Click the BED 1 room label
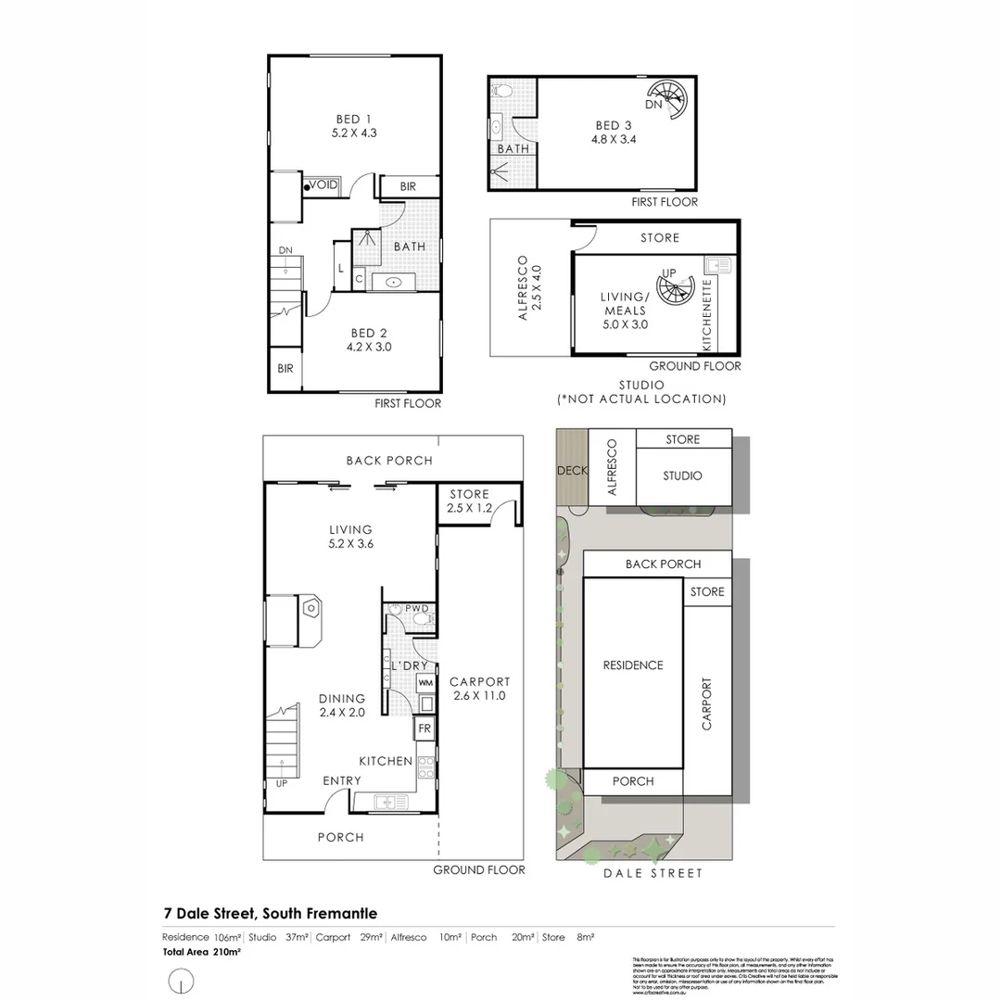354,125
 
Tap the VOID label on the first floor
324,185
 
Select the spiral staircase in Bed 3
667,99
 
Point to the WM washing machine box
425,683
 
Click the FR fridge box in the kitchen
424,729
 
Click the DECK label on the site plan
572,471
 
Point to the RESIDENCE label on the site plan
633,665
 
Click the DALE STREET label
653,873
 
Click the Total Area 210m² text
201,952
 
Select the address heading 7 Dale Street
270,914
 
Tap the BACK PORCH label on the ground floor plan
389,461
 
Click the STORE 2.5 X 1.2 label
468,500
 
